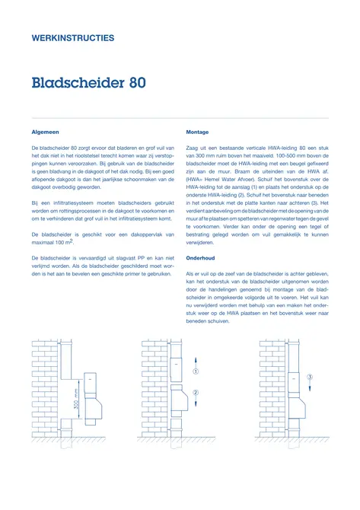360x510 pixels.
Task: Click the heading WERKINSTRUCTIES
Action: pos(73,37)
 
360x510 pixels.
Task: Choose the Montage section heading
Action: pos(197,132)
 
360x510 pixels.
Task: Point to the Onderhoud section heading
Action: pos(201,259)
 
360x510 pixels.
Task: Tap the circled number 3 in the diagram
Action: pos(310,376)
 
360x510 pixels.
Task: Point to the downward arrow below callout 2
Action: pos(195,408)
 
